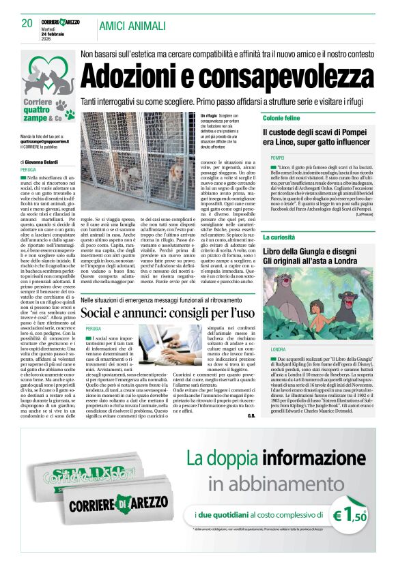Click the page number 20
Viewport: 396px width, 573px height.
[x=27, y=24]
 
